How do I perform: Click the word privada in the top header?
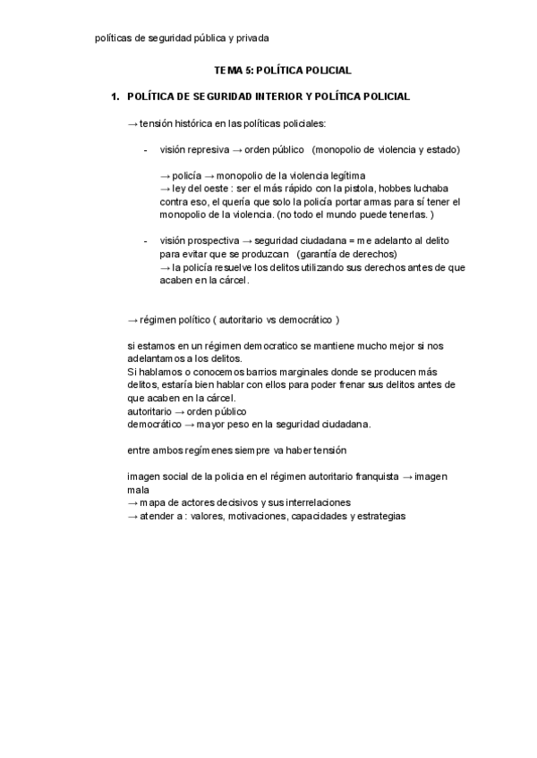point(251,38)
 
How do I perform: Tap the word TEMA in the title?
point(228,69)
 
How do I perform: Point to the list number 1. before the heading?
point(114,96)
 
